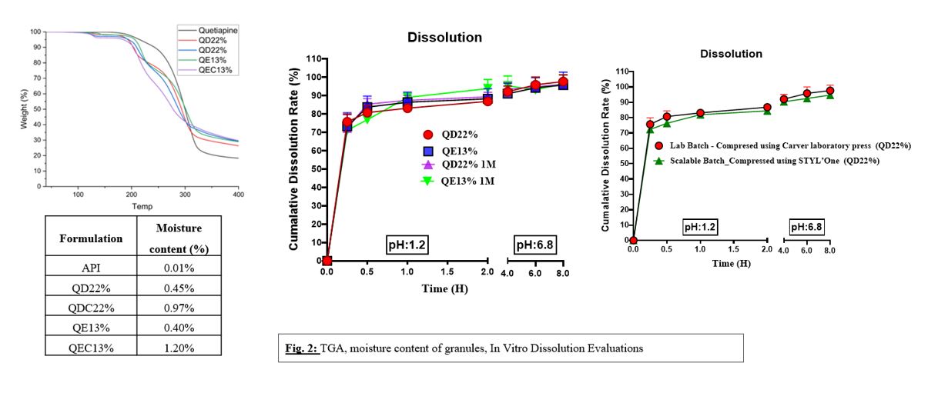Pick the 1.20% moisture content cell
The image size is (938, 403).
(x=179, y=348)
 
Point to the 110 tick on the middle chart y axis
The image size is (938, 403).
(x=310, y=58)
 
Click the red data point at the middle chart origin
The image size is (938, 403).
(x=327, y=261)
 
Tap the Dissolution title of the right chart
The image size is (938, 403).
(x=731, y=54)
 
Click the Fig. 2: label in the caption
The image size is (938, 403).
(x=301, y=348)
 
